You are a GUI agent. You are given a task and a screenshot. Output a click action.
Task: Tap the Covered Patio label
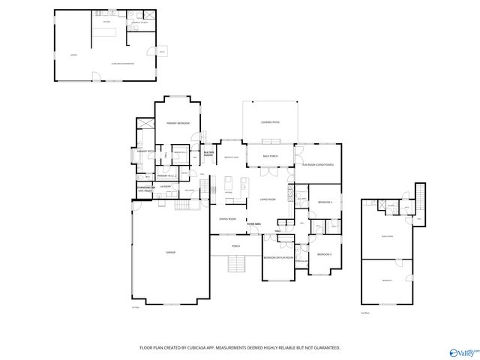click(270, 121)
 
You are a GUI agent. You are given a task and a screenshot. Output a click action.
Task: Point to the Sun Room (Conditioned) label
click(317, 164)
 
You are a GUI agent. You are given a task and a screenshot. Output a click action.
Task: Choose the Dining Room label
click(227, 219)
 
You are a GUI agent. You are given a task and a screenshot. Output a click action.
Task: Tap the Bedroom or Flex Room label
click(277, 257)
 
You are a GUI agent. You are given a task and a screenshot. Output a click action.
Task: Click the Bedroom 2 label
click(324, 202)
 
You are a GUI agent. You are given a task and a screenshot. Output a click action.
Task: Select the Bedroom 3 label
click(324, 255)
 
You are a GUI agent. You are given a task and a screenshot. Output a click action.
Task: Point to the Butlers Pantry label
click(209, 154)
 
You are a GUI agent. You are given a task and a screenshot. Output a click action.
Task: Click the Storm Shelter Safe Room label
click(145, 188)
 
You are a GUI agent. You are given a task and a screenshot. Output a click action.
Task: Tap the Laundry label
click(166, 186)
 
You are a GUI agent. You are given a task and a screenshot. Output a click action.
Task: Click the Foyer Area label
click(253, 223)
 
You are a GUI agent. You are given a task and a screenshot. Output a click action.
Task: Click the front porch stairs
click(237, 264)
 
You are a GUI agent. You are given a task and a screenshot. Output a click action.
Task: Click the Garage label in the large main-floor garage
click(170, 253)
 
